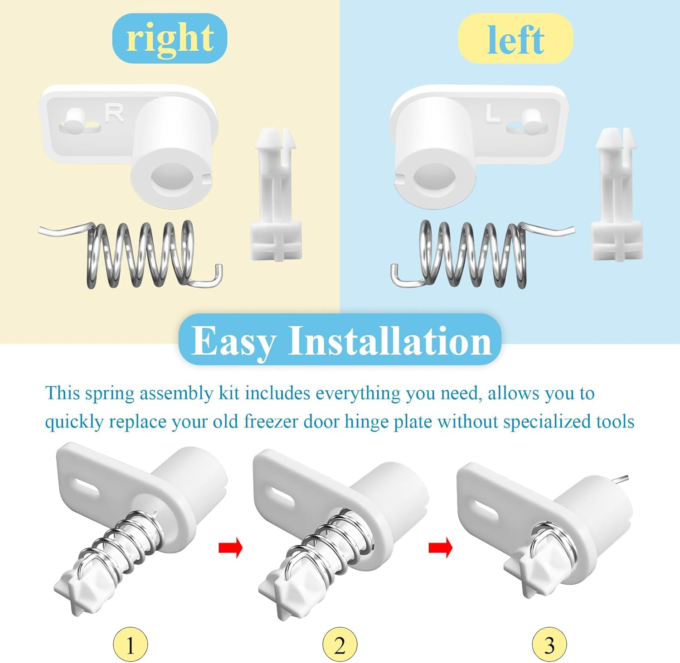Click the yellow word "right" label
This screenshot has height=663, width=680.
(170, 38)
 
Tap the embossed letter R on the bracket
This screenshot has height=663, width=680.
(114, 113)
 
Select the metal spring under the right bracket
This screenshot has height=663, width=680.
(141, 255)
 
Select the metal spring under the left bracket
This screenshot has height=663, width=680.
(474, 255)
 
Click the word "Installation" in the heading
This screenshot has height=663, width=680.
(390, 341)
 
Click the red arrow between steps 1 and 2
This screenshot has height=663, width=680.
(231, 548)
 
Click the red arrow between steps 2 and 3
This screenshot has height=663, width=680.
(441, 548)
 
